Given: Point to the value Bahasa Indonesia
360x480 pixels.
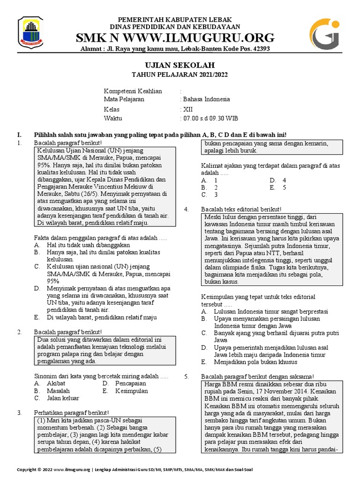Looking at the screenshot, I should [206, 99].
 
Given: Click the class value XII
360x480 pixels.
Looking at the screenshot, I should [187, 109].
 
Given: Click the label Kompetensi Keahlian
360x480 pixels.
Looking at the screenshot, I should [126, 90].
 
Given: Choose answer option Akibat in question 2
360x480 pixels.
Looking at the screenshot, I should [56, 383].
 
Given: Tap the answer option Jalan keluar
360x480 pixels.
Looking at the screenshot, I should [63, 398].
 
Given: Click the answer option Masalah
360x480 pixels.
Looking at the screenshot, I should [59, 391].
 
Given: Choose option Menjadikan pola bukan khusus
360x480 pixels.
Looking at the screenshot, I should [255, 362].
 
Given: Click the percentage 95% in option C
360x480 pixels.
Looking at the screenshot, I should [53, 281].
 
